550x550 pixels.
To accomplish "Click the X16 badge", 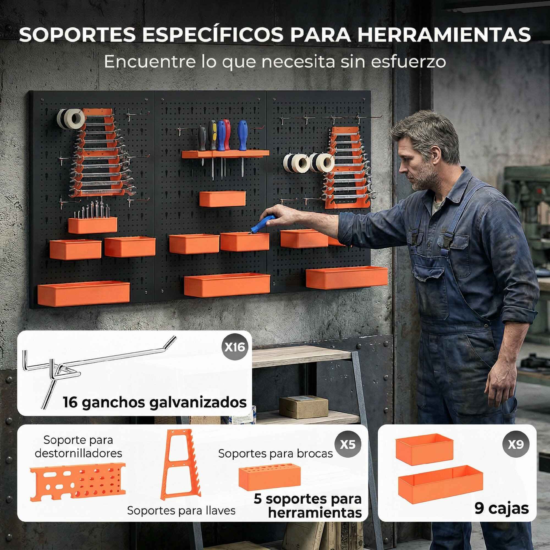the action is pos(235,347).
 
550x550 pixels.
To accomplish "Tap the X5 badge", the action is pos(348,444).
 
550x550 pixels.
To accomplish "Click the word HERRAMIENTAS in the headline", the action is pos(444,34).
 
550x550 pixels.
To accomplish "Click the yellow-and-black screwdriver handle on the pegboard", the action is pos(212,135).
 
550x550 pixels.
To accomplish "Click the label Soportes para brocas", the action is pos(275,453).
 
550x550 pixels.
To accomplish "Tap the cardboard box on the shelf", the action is pos(304,407).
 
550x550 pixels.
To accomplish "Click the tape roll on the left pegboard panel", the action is pos(71,119).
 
